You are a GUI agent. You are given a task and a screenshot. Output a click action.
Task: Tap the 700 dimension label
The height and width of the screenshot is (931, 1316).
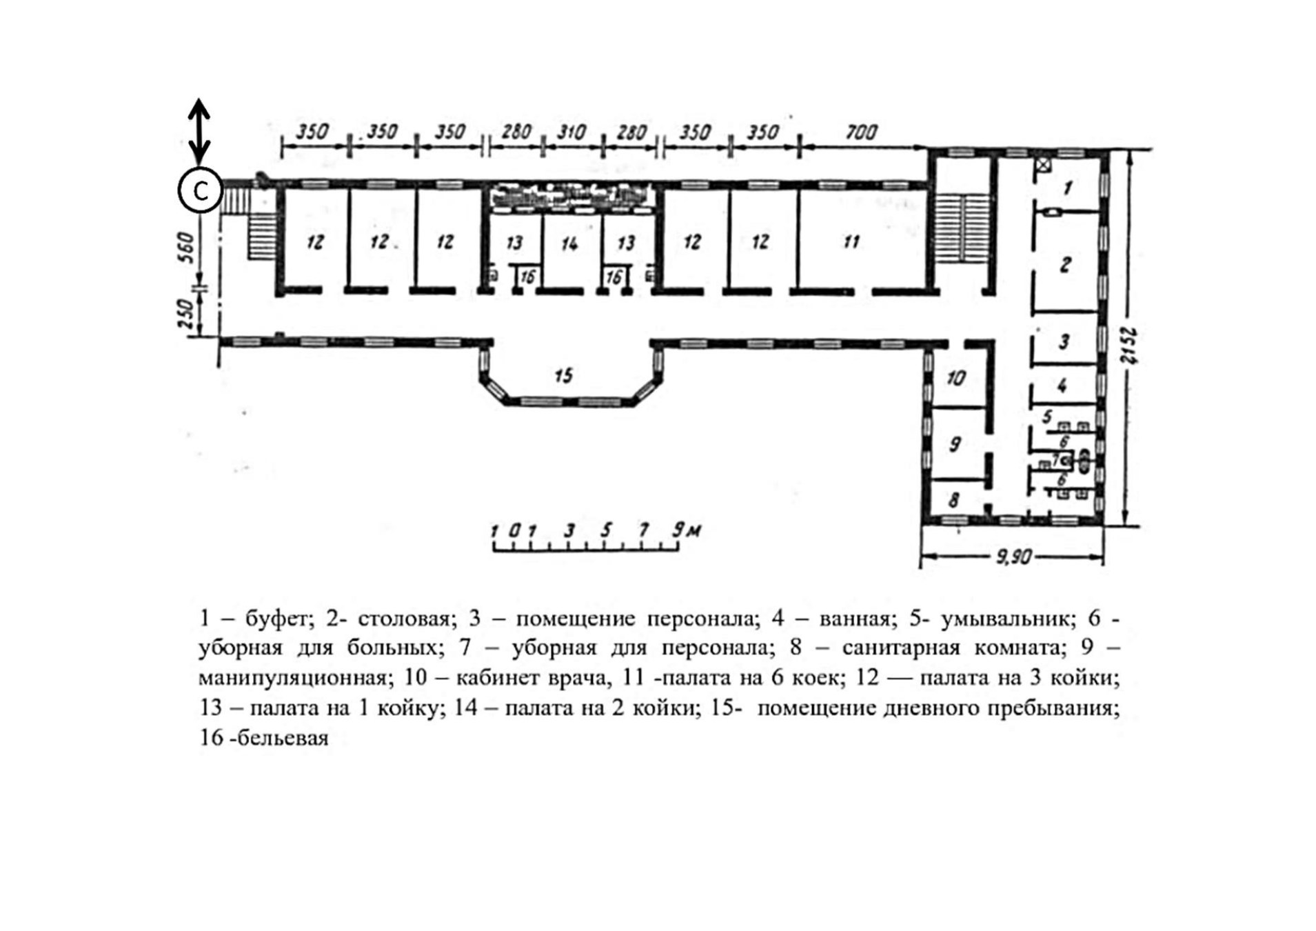point(861,132)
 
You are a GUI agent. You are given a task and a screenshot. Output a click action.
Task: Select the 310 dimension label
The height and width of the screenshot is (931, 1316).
point(571,132)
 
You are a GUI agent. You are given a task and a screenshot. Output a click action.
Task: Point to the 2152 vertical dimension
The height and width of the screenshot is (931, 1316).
point(1128,344)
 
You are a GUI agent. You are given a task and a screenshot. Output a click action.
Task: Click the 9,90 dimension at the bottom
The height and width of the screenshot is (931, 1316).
point(1013,557)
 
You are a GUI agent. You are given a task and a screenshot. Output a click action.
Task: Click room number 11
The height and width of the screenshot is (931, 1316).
point(851,241)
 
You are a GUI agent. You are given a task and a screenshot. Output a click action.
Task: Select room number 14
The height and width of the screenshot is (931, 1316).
point(569,243)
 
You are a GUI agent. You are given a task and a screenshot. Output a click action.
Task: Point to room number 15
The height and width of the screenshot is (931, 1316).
point(564,375)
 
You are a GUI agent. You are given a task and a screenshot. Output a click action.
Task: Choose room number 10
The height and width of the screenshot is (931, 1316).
point(956,378)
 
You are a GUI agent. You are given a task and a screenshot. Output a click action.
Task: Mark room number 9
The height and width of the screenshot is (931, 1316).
point(955,444)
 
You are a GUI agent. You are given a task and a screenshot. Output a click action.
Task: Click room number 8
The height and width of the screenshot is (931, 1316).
point(954,499)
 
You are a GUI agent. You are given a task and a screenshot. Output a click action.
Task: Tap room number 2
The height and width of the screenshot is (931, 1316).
point(1065,264)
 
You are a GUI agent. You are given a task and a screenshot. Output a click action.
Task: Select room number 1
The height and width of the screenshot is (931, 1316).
point(1068,186)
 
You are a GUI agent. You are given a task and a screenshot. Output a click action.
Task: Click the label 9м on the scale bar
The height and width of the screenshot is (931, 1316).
point(687,530)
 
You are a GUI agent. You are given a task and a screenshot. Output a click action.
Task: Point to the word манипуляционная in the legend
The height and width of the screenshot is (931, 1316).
point(292,678)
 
